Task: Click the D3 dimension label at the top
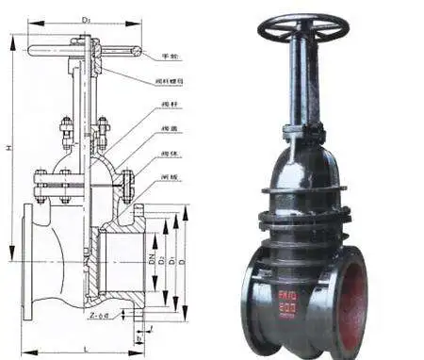(x=86, y=18)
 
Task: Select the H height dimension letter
(x=8, y=150)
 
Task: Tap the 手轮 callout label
(x=171, y=57)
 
